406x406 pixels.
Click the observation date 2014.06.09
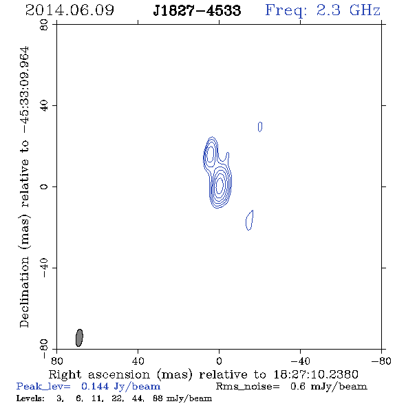70,10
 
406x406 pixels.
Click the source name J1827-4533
197,10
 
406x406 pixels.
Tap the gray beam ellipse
79,338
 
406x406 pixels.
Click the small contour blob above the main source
260,127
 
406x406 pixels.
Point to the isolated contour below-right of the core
249,220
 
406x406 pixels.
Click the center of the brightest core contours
220,185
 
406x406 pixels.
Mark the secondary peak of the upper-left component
211,153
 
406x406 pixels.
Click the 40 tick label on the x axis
138,361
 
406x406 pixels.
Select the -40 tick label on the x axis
300,361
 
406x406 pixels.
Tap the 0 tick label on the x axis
219,361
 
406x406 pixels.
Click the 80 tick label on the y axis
44,25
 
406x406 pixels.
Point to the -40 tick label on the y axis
44,268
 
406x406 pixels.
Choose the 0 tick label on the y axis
44,186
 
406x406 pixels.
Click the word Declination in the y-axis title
24,292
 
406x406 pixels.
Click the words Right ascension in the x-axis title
99,374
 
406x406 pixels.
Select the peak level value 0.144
94,386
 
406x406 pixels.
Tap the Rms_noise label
248,386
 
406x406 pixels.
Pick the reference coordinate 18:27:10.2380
316,374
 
